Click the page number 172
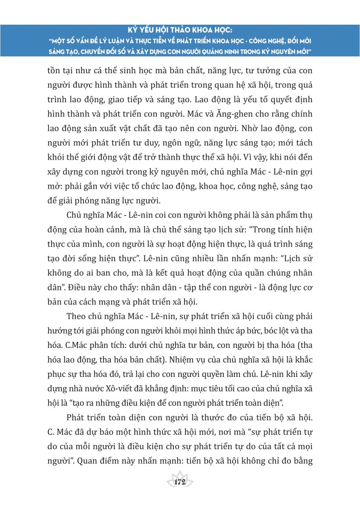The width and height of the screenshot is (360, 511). tap(180, 482)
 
